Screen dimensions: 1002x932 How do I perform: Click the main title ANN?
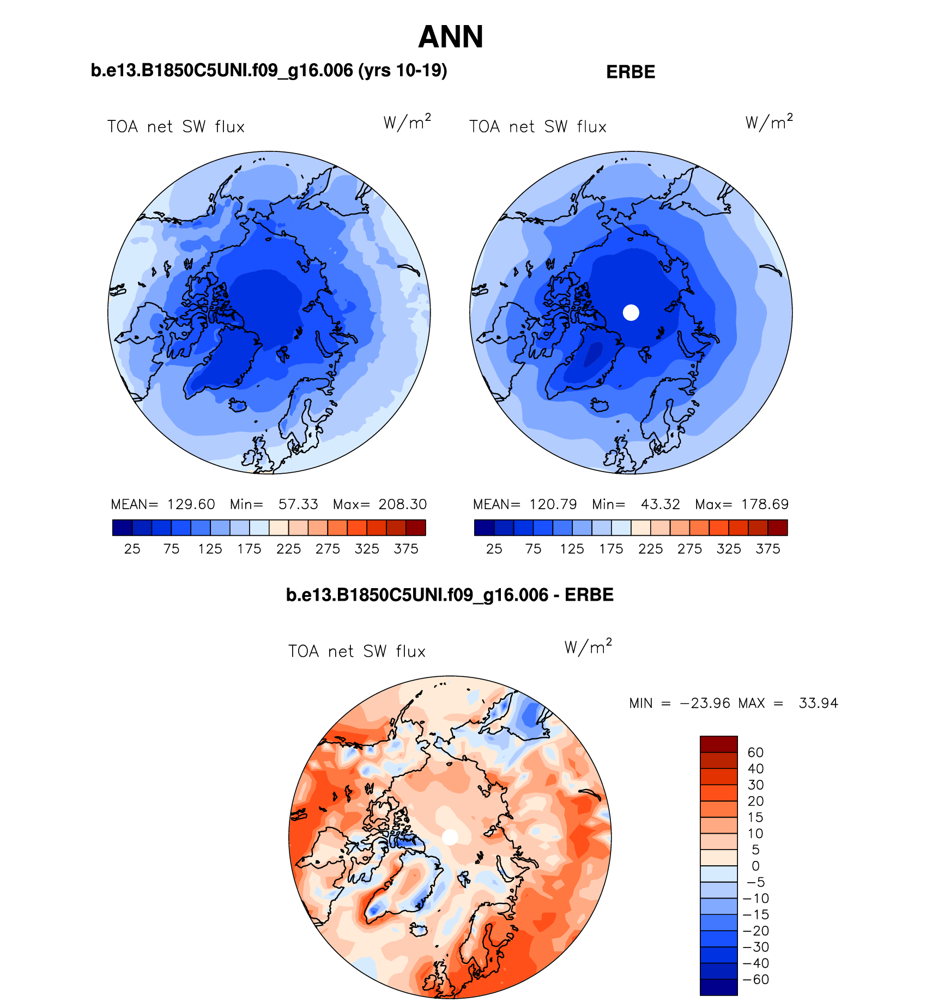(x=451, y=37)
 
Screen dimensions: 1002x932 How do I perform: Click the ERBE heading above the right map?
(x=631, y=72)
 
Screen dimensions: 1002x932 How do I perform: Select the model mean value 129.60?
(x=191, y=504)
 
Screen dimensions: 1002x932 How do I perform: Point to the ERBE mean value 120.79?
(x=553, y=504)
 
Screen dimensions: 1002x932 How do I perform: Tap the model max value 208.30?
(x=403, y=504)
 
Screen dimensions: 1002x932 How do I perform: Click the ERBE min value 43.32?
(x=661, y=504)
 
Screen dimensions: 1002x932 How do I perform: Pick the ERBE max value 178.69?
(x=765, y=504)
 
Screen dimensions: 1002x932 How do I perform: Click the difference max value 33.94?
(x=818, y=703)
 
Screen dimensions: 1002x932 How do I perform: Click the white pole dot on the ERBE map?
(x=631, y=313)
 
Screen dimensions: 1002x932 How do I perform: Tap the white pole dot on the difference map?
(x=450, y=838)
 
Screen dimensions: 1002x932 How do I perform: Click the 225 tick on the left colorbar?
(x=288, y=549)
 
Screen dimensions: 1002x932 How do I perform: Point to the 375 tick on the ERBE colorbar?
(x=768, y=549)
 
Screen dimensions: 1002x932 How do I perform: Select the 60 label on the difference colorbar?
(x=755, y=753)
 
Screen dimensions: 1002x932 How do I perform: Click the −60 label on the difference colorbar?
(x=755, y=980)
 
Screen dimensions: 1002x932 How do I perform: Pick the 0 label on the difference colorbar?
(x=755, y=866)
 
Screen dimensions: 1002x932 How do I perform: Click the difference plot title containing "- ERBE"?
(x=450, y=595)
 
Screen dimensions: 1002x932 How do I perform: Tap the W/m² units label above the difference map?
(x=588, y=647)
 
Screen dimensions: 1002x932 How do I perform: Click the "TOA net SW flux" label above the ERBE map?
(x=538, y=127)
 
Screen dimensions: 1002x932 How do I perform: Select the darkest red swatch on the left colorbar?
(x=416, y=528)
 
